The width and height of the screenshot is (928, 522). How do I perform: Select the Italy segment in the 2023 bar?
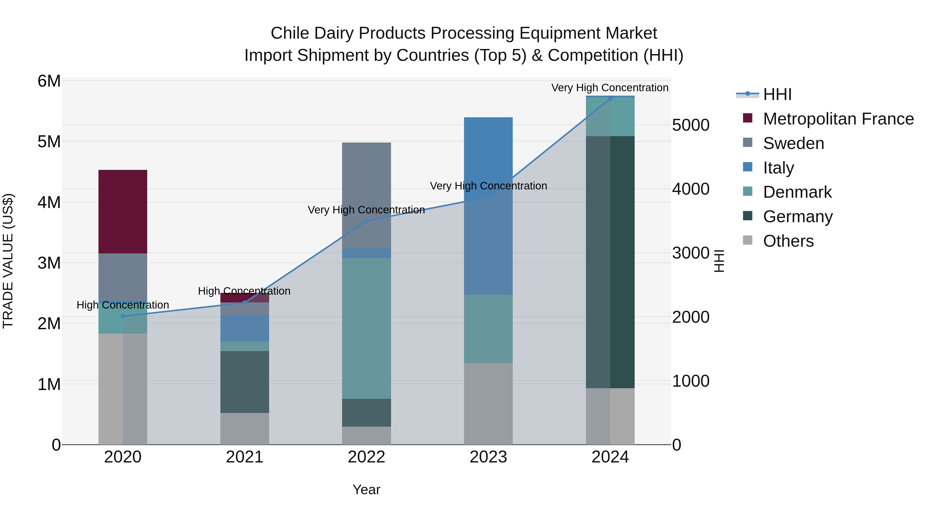[x=488, y=206]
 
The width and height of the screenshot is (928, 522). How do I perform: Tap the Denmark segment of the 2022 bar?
[x=366, y=328]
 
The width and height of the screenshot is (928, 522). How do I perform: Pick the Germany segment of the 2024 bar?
[x=610, y=262]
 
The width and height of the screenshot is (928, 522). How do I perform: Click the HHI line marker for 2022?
[x=366, y=221]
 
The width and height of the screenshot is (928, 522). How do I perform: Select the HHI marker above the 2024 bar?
[x=610, y=98]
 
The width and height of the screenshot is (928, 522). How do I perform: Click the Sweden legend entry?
[x=793, y=143]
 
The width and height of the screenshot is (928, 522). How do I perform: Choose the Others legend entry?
[x=788, y=241]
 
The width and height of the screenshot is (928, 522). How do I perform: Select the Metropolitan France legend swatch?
[x=748, y=118]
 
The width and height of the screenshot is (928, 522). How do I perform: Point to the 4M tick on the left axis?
[x=49, y=202]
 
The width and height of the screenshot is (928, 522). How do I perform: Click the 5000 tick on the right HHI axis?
[x=691, y=125]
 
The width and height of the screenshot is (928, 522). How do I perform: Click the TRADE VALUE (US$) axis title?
[x=8, y=261]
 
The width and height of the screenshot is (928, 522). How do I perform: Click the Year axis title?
[x=366, y=490]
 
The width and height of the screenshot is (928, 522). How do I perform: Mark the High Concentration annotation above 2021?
[x=244, y=291]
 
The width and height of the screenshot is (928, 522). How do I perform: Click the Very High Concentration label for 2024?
[x=610, y=88]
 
